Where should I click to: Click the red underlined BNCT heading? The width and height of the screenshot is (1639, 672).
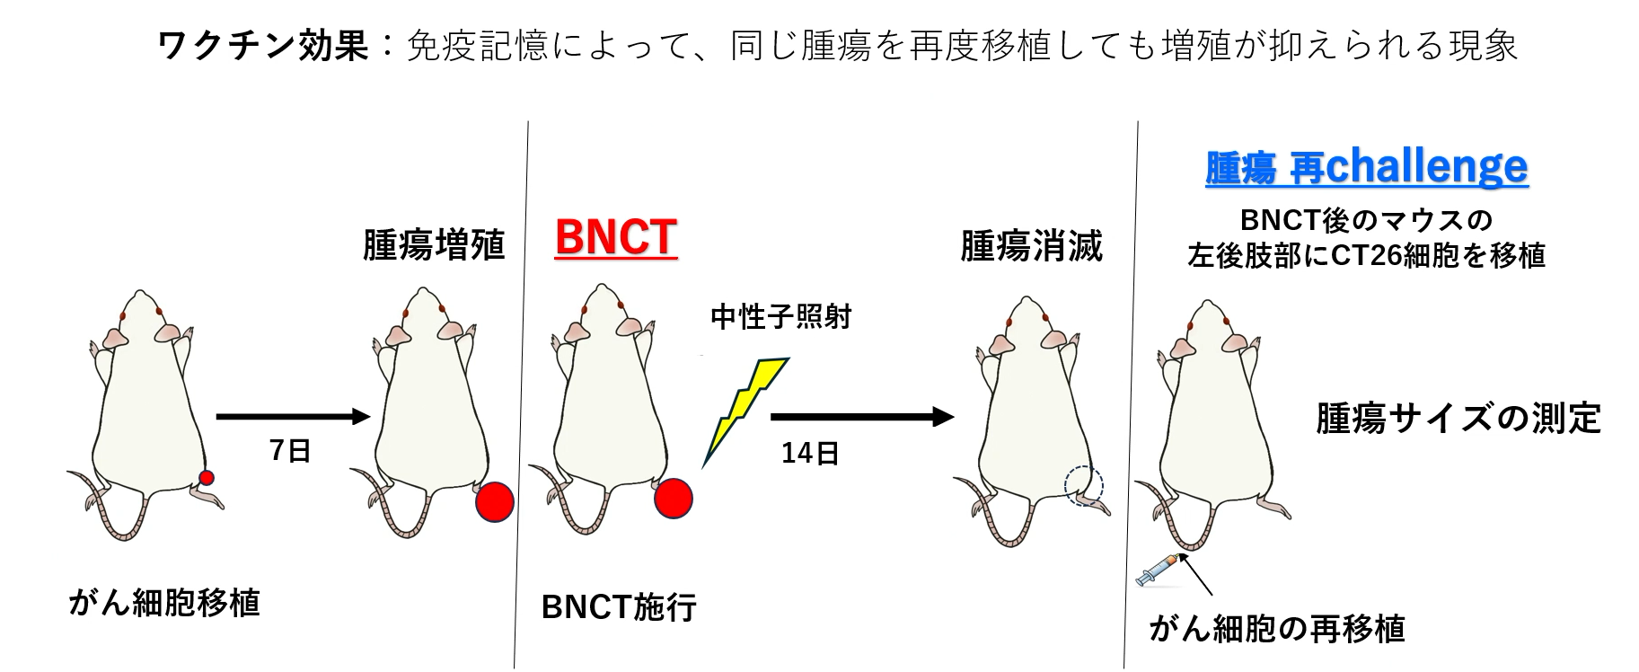coord(616,238)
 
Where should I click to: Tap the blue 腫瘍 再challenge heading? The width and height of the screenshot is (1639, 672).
coord(1366,167)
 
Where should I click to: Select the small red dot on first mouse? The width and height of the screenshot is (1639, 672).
coord(206,478)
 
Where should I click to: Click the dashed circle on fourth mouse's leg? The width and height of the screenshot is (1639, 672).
coord(1083,485)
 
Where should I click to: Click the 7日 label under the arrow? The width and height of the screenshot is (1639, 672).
coord(290,450)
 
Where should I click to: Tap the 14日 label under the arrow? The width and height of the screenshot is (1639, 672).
coord(810,453)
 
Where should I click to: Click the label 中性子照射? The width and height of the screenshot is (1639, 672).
coord(780,317)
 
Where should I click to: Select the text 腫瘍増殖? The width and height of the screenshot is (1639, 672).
coord(434,244)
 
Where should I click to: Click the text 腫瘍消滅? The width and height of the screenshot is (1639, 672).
coord(1032,245)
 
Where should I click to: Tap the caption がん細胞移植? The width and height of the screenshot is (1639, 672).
coord(164,602)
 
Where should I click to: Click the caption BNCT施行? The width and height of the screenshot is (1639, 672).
coord(619,607)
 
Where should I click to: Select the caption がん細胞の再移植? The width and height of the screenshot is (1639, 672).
coord(1276,628)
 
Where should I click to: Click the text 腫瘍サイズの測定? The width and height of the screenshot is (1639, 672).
coord(1458,419)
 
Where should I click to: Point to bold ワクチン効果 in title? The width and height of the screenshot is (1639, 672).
coord(263,45)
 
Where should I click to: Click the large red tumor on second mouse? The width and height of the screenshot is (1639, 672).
coord(494,502)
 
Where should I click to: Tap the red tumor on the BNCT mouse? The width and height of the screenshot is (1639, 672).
coord(673,499)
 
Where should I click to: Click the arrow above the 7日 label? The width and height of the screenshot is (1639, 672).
coord(293,416)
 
